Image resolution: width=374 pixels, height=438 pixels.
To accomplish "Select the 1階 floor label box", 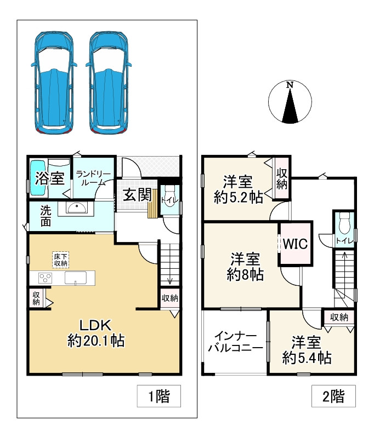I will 159,396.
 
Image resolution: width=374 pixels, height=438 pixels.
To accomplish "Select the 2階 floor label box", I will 334,396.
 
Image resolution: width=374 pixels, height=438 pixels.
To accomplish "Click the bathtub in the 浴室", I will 37,177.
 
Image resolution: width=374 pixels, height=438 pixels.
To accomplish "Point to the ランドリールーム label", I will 94,178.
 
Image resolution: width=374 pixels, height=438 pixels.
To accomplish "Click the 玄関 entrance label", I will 133,195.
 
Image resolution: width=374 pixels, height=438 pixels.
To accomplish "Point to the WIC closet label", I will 296,243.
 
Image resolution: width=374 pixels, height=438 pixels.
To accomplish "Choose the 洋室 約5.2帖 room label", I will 237,190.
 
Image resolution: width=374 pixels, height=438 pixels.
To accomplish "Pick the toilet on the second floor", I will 344,223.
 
